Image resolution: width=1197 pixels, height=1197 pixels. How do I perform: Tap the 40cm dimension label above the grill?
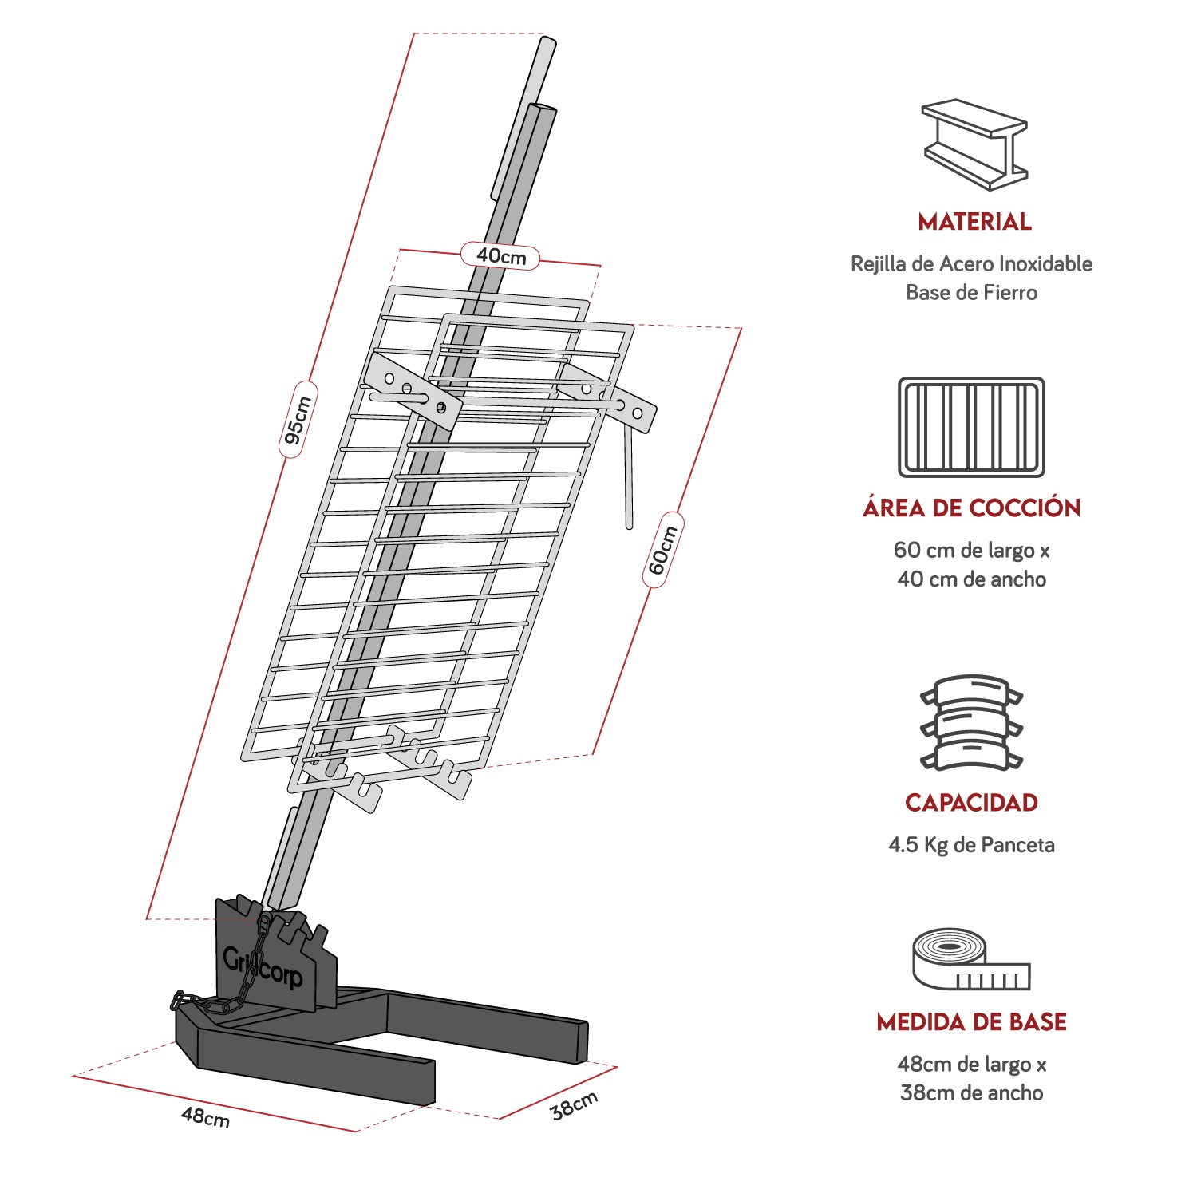pyautogui.click(x=500, y=255)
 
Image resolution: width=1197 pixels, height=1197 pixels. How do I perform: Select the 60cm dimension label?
pyautogui.click(x=663, y=550)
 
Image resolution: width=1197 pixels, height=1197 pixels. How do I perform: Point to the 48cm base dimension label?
pyautogui.click(x=205, y=1116)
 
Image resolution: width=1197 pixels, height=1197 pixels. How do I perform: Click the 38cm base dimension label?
pyautogui.click(x=574, y=1104)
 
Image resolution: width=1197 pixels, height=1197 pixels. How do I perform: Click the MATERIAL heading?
pyautogui.click(x=974, y=222)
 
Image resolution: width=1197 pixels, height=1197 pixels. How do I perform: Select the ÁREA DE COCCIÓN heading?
pyautogui.click(x=971, y=508)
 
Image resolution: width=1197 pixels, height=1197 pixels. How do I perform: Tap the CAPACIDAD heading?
pyautogui.click(x=971, y=802)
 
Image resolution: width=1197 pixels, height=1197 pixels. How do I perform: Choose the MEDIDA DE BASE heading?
pyautogui.click(x=971, y=1021)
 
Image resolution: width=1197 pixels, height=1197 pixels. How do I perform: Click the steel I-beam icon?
pyautogui.click(x=974, y=144)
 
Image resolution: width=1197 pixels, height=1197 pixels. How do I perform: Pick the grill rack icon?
pyautogui.click(x=971, y=427)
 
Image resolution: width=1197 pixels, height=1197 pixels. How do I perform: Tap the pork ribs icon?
pyautogui.click(x=971, y=723)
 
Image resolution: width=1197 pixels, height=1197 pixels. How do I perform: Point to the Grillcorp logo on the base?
pyautogui.click(x=263, y=967)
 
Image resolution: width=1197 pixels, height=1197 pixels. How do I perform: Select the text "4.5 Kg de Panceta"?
pyautogui.click(x=971, y=844)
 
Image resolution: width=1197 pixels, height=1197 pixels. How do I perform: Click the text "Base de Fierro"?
pyautogui.click(x=971, y=292)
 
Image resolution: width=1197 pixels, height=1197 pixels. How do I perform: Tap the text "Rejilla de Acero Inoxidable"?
pyautogui.click(x=971, y=263)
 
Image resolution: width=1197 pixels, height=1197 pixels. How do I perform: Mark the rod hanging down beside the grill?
pyautogui.click(x=629, y=479)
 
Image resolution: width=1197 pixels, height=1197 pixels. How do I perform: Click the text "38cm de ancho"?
pyautogui.click(x=971, y=1092)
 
